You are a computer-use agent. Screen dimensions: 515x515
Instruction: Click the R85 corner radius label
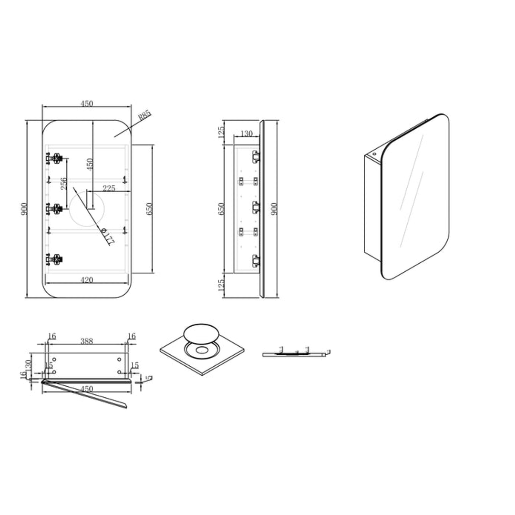(144, 115)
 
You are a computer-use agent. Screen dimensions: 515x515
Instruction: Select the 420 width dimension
(87, 280)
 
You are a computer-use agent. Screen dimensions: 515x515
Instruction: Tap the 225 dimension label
(109, 188)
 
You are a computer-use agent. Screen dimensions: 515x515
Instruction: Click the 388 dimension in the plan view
(86, 341)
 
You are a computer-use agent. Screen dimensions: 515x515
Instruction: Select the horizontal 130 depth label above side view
(247, 134)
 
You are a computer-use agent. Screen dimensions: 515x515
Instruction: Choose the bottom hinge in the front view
(57, 259)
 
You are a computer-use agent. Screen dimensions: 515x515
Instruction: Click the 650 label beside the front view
(149, 208)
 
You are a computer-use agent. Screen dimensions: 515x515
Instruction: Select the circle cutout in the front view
(86, 208)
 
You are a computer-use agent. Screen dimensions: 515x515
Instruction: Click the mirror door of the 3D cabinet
(415, 196)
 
